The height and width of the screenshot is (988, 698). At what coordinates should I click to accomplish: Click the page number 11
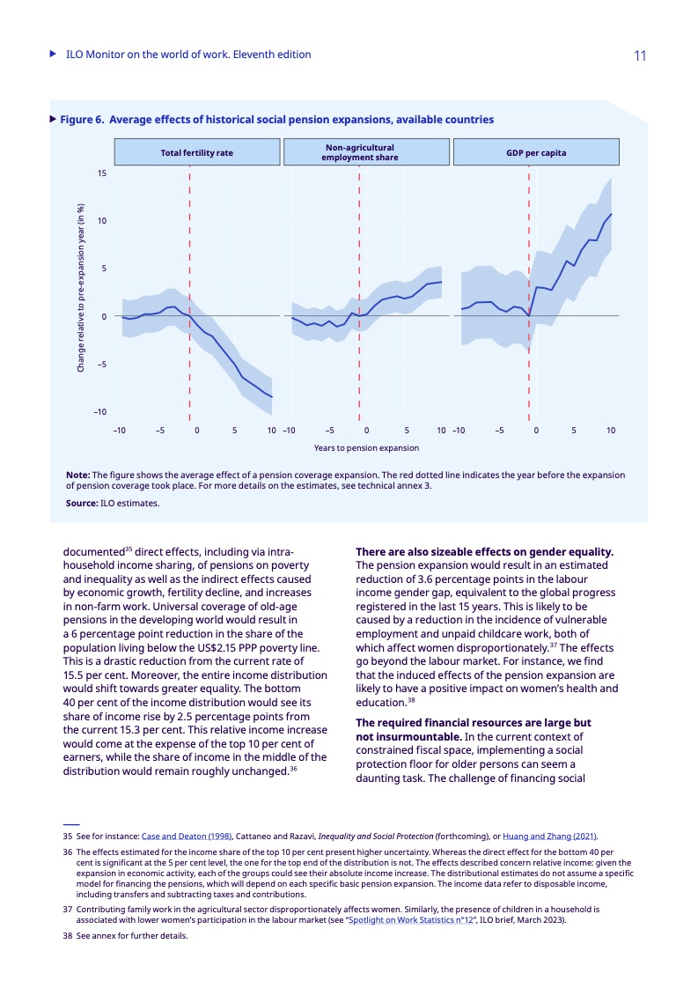click(x=640, y=55)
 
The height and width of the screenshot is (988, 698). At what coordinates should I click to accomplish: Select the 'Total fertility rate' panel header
click(x=197, y=152)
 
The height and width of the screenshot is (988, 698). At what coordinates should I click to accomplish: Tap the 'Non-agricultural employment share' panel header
click(x=360, y=152)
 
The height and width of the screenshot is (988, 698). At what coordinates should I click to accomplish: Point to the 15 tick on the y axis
click(x=102, y=173)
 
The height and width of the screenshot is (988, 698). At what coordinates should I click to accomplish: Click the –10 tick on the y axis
click(x=101, y=412)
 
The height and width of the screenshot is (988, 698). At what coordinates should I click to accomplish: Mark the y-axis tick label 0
click(x=105, y=316)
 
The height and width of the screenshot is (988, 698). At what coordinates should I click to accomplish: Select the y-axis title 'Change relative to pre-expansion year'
click(x=81, y=288)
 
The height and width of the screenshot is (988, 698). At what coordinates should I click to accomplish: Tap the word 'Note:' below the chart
click(x=78, y=475)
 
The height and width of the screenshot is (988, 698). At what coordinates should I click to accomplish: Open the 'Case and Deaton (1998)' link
click(x=187, y=836)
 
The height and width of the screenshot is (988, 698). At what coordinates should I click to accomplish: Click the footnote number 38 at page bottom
click(x=67, y=936)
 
